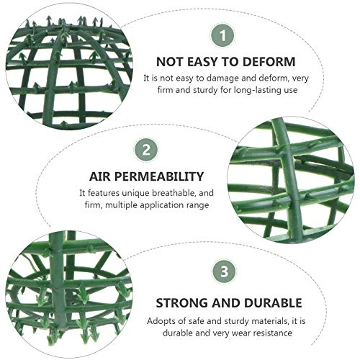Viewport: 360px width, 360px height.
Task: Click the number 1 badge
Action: tap(223, 35)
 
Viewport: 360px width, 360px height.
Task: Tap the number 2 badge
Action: tap(146, 150)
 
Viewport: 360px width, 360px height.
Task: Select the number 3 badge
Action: tap(224, 271)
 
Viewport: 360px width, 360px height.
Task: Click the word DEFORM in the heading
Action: tap(269, 62)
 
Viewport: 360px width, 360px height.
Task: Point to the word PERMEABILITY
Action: tap(159, 176)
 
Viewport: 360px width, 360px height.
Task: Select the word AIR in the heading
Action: tap(100, 176)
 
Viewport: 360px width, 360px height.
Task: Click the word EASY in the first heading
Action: tap(203, 62)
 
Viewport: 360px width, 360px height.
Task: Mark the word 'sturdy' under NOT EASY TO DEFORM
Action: tap(205, 91)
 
